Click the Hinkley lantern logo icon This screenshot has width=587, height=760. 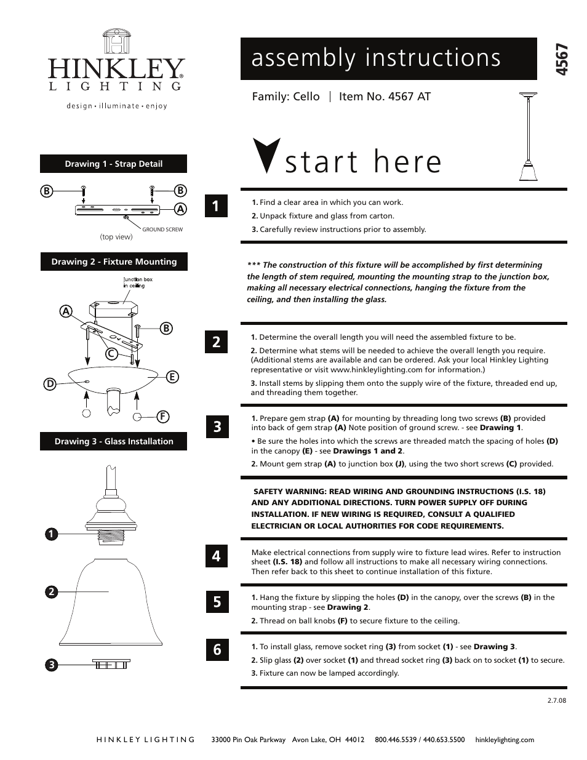coord(116,42)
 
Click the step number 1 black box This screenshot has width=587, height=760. coord(217,206)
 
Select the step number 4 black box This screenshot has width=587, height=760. coord(217,556)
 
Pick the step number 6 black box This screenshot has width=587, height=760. coord(217,649)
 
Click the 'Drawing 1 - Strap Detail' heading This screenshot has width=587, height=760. coord(114,164)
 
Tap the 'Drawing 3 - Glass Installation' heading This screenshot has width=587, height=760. coord(114,441)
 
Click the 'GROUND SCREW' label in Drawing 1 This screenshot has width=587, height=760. coord(162,230)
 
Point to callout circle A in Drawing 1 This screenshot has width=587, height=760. coord(180,209)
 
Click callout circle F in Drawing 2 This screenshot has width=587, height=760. coord(163,417)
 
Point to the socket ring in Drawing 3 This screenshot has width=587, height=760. coord(111,663)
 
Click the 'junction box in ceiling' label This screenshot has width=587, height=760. coord(138,282)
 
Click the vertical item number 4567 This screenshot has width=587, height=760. coord(561,60)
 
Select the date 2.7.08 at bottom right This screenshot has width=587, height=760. coord(556,700)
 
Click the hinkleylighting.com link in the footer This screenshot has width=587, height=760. coord(505,740)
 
